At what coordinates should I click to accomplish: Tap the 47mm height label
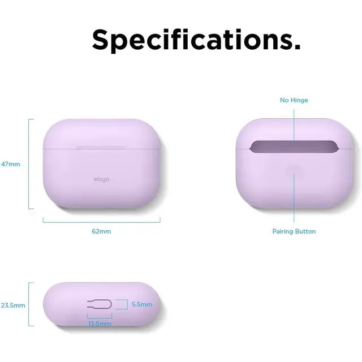(11, 164)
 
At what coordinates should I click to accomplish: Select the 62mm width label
(101, 231)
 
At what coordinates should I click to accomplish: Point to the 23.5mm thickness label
(12, 305)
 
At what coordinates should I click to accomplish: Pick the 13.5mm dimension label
(99, 324)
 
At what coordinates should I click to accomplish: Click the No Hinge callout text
(294, 100)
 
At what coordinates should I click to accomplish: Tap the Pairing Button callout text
(294, 231)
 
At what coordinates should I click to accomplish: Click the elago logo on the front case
(102, 180)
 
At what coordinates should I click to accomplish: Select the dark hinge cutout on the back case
(294, 148)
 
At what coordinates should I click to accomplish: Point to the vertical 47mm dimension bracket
(29, 164)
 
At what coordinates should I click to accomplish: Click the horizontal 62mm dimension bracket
(102, 220)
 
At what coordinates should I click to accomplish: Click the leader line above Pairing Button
(294, 198)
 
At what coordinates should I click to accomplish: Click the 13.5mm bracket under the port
(99, 318)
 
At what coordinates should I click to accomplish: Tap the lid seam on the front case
(102, 149)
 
